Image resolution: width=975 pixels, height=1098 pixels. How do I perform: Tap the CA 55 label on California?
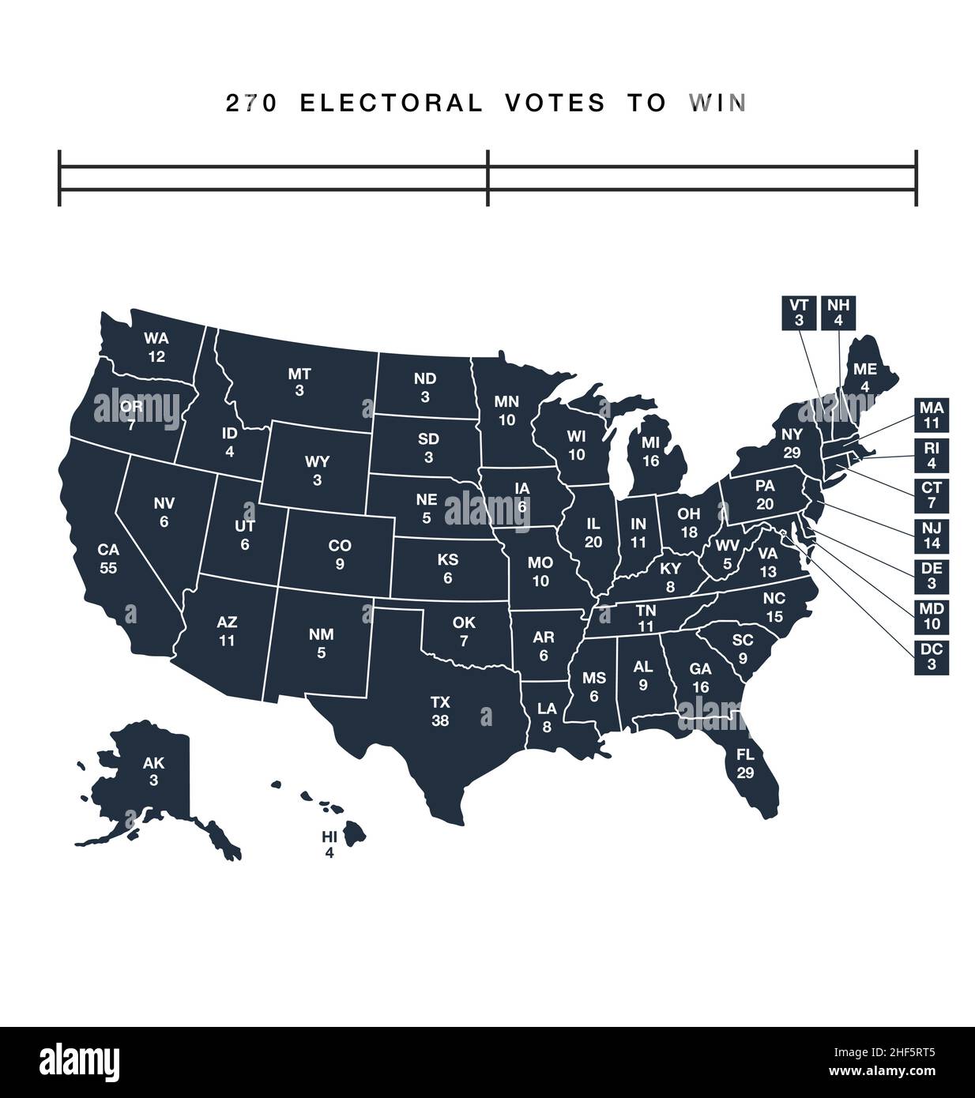108,558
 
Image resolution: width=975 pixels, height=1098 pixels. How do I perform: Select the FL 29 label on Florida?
745,763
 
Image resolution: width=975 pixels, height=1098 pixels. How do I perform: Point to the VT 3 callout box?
799,313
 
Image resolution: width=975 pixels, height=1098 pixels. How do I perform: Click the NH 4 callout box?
838,313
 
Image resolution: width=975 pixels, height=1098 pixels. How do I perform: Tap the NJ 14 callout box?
932,536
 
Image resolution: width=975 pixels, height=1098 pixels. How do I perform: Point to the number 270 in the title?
251,103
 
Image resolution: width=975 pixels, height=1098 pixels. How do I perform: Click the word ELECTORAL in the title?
391,103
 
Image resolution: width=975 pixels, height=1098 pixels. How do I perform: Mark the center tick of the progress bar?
487,178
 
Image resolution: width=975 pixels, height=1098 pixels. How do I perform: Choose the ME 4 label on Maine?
865,378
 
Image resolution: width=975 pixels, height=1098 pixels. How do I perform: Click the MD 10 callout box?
932,617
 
